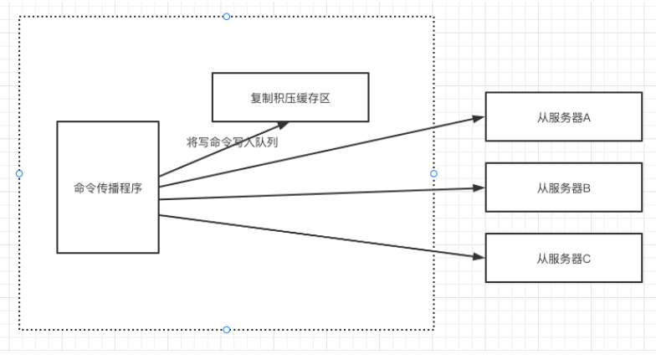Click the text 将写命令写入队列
point(232,142)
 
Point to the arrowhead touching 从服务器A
point(479,117)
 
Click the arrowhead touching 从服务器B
point(479,188)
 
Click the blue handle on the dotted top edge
point(227,16)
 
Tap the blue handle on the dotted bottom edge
point(227,330)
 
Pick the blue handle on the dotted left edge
point(19,173)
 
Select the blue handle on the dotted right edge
point(433,173)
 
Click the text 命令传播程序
point(107,188)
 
